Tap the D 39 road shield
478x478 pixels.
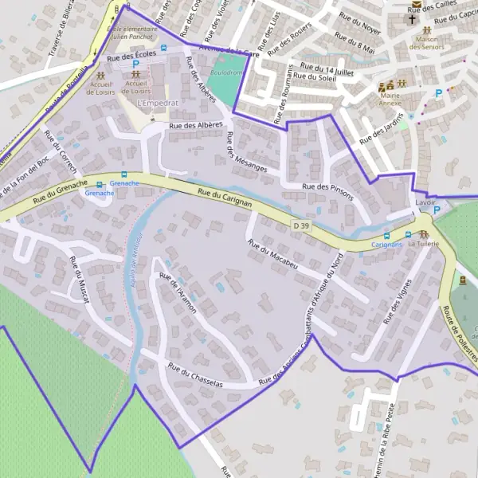pos(301,226)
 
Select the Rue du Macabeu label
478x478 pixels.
pos(272,254)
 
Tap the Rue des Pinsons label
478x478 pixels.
pos(328,186)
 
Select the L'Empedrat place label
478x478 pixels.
pos(157,104)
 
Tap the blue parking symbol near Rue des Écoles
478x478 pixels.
pos(135,64)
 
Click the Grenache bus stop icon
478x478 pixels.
pos(123,175)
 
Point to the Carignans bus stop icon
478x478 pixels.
pos(408,235)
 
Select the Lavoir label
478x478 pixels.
pos(425,203)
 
